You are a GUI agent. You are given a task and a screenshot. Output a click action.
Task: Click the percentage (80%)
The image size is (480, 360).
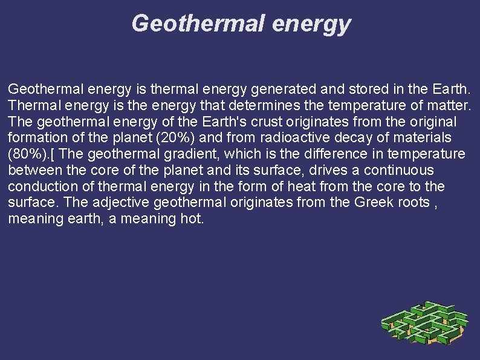point(28,154)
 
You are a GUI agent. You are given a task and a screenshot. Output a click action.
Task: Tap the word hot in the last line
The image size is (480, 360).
point(192,218)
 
